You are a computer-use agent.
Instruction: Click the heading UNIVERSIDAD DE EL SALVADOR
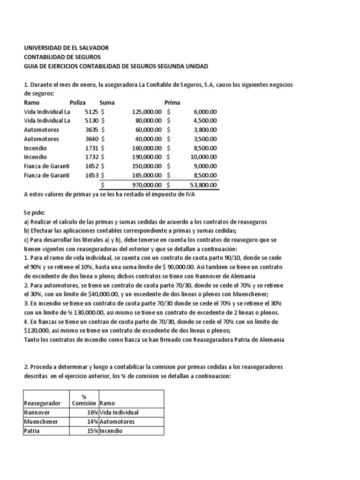66,48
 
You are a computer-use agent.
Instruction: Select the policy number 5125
91,112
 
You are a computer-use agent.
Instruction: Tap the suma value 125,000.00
147,112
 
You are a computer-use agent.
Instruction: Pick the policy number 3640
91,139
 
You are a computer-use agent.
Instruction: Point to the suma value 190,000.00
147,157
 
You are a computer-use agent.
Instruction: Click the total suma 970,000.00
147,186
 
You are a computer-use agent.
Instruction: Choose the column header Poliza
79,103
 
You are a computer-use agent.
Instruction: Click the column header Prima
172,103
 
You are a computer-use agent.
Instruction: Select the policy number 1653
91,174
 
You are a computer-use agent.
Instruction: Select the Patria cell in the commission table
32,431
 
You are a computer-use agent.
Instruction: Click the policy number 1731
91,148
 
